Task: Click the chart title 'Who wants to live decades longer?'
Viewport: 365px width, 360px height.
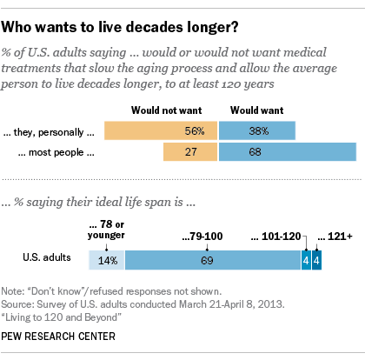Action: pos(120,27)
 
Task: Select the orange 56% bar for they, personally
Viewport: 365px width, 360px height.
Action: pos(161,130)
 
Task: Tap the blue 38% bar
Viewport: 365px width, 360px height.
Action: pos(257,130)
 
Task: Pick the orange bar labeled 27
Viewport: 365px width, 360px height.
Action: pos(190,151)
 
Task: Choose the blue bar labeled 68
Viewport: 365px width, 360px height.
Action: pos(288,151)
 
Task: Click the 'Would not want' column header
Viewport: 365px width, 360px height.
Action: pos(167,110)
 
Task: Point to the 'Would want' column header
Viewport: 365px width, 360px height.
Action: pos(257,110)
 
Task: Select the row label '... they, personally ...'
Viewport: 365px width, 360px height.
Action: pos(49,132)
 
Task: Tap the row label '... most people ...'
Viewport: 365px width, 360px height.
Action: pos(56,152)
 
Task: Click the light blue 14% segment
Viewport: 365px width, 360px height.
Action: pos(107,260)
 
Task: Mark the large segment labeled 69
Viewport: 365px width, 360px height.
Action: pos(213,260)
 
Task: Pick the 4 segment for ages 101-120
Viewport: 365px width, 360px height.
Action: pos(306,260)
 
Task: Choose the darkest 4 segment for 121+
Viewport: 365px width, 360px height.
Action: pos(316,260)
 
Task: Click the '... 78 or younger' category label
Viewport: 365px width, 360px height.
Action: pos(106,230)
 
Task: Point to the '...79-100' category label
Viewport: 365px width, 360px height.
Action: pos(202,237)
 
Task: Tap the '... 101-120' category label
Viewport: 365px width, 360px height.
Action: pos(276,237)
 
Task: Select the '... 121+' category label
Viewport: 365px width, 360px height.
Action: pos(335,237)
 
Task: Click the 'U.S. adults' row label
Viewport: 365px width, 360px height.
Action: pos(47,257)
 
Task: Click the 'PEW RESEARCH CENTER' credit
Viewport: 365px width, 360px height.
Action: pos(58,337)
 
